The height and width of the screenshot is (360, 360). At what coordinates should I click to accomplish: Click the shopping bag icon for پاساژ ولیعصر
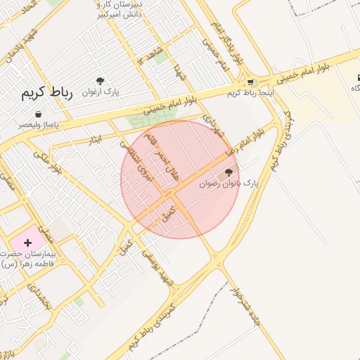pos(37,115)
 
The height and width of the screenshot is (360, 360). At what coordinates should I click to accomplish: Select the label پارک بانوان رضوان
pos(229,183)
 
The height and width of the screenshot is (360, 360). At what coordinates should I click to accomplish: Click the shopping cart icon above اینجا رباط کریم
pos(251,83)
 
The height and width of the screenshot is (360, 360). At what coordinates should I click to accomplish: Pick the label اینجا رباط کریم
pos(251,93)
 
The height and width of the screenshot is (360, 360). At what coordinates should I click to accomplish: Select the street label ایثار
pos(96,140)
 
